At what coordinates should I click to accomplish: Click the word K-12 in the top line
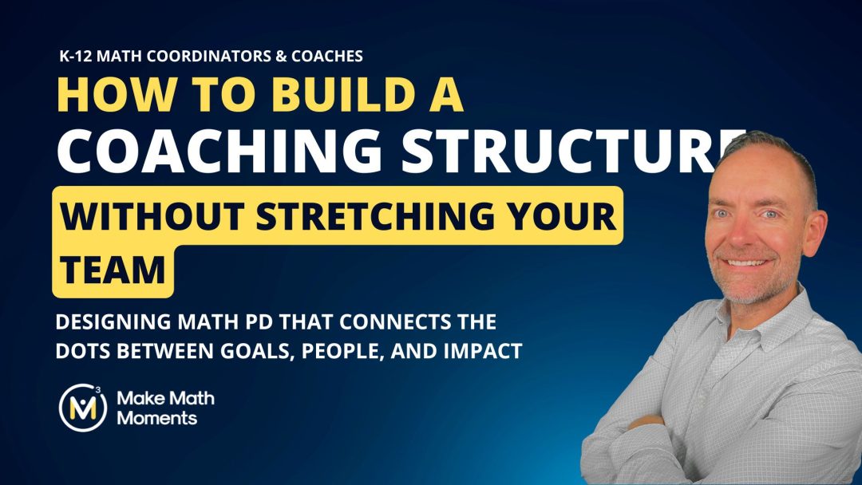tap(78, 57)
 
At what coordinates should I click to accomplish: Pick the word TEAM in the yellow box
tap(113, 269)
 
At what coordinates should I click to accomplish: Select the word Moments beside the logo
tap(157, 417)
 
